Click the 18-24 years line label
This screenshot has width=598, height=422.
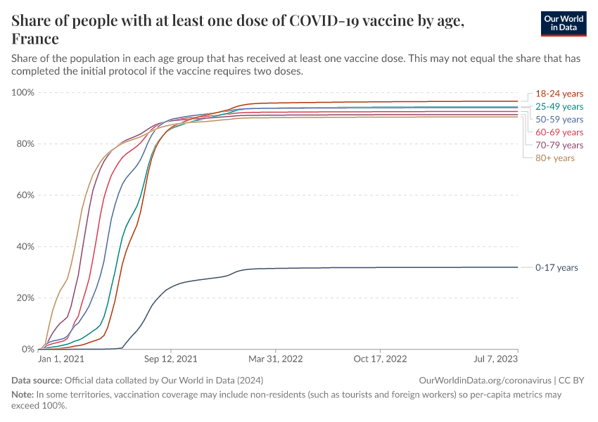tap(559, 94)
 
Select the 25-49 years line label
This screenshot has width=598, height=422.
tap(559, 106)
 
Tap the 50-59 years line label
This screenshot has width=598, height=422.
tap(559, 120)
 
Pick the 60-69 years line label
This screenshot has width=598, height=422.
tap(559, 132)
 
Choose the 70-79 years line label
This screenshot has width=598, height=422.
tap(559, 145)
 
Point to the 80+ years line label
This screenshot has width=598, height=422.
tap(555, 158)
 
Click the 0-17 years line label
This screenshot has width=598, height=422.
tap(556, 267)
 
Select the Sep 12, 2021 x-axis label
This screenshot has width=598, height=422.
tap(170, 359)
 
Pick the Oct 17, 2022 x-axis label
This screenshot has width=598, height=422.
tap(380, 359)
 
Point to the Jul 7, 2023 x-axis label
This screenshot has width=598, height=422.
tap(497, 359)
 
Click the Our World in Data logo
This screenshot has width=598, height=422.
tap(564, 23)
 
